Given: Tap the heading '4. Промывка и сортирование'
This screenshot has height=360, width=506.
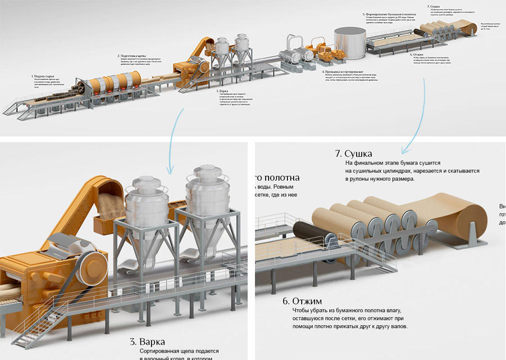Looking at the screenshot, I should point(341,71).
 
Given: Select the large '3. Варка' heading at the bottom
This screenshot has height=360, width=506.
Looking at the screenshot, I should point(148,341).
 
